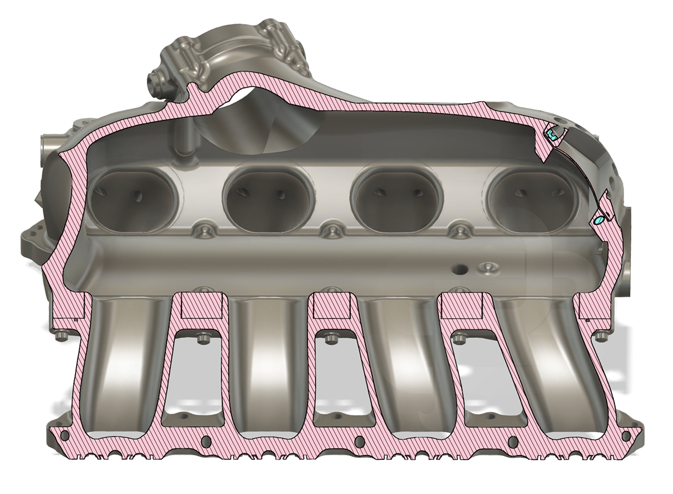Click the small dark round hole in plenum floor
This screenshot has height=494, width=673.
(x=461, y=269)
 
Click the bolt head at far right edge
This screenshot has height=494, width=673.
(x=601, y=335)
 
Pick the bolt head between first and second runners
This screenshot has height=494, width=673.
(x=204, y=338)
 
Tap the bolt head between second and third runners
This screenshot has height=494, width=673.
(x=331, y=338)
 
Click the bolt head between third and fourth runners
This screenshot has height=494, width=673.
(x=460, y=338)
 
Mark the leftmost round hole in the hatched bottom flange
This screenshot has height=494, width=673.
(x=65, y=436)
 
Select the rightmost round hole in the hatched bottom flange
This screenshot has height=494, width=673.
(x=626, y=436)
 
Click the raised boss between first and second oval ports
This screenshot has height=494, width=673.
(x=203, y=230)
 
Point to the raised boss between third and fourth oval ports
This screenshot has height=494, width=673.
(x=461, y=230)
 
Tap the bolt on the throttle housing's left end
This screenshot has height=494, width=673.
(x=156, y=83)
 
